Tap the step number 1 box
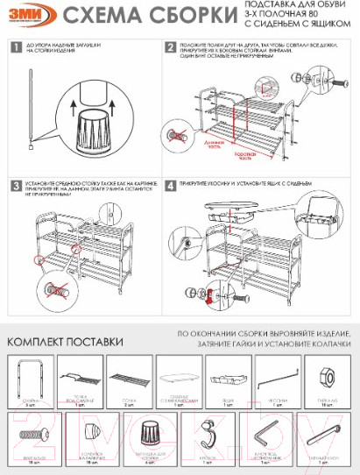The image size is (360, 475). tap(16, 47)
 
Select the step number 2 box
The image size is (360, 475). tap(170, 47)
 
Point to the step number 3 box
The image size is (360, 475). tap(16, 186)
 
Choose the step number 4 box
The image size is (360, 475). tap(170, 186)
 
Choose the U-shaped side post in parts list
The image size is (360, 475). tap(30, 375)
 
